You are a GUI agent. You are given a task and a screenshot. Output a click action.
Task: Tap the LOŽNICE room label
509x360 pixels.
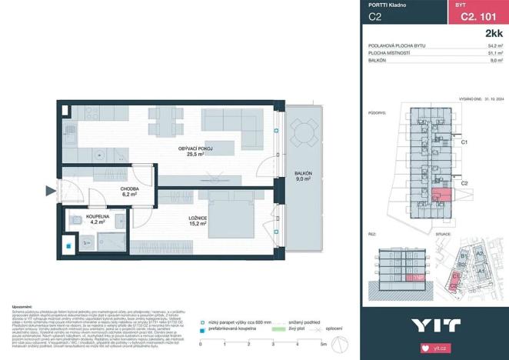198,220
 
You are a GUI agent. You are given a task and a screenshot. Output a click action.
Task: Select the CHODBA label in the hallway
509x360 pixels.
128,192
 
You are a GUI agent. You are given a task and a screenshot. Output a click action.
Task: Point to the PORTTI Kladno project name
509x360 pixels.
387,5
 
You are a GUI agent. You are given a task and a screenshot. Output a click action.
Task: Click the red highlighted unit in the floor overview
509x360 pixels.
441,195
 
